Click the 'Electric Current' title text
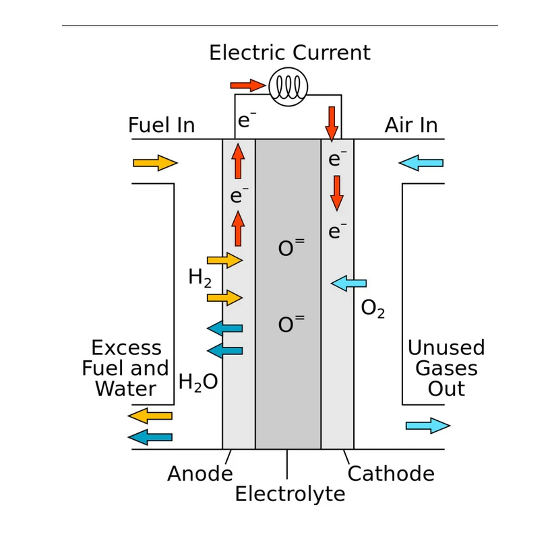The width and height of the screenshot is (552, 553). [x=289, y=53]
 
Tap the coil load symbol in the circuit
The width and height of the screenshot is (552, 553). [x=288, y=87]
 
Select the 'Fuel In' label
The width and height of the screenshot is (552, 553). [x=161, y=125]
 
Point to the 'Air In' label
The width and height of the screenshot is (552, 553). [x=411, y=125]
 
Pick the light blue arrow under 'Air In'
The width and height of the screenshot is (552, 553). [x=421, y=163]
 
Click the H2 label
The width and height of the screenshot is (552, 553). [x=200, y=278]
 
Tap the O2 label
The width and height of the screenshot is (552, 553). [x=373, y=308]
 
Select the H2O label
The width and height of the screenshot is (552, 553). [x=198, y=383]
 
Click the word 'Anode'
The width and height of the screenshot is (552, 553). [x=200, y=474]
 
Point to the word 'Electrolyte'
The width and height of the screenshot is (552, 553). [x=290, y=494]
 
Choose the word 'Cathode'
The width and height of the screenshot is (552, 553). [x=391, y=474]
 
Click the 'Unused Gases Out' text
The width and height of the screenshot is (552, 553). [x=446, y=368]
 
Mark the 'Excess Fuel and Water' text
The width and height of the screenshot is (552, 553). [x=126, y=368]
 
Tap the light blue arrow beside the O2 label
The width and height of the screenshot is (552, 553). [x=349, y=284]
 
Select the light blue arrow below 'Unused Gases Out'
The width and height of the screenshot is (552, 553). [x=427, y=426]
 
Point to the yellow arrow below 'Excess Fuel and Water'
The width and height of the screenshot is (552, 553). [x=150, y=416]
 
